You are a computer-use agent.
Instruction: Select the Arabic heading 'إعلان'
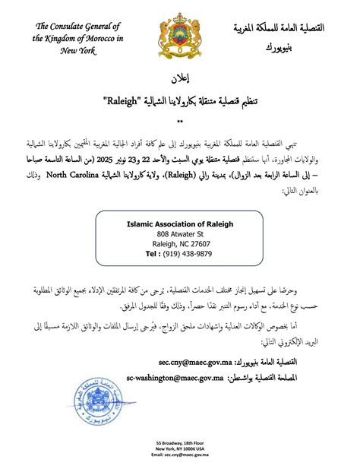[x=180, y=79]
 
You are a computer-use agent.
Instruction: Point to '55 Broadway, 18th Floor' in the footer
[x=180, y=442]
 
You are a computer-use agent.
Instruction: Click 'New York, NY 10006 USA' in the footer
[x=180, y=449]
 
